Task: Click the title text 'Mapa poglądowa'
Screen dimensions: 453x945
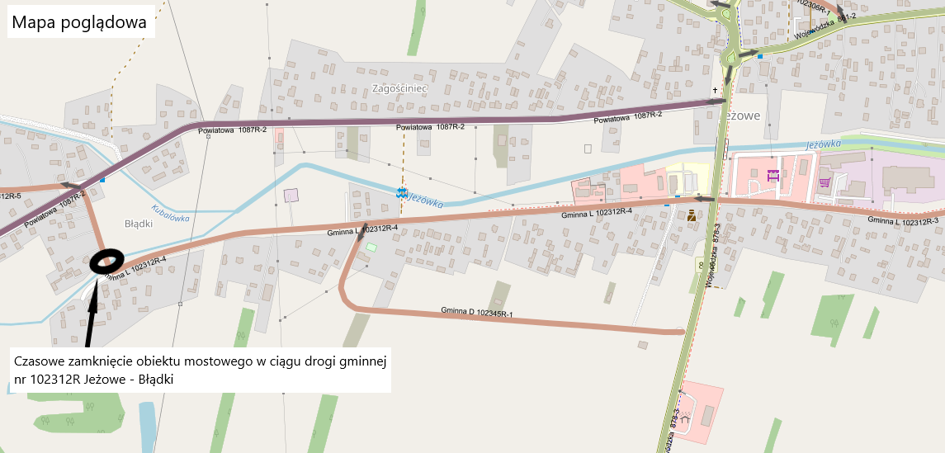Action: [80, 23]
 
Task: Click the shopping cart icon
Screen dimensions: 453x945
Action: [824, 181]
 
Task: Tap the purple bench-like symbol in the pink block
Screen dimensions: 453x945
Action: [773, 175]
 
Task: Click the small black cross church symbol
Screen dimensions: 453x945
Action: [716, 89]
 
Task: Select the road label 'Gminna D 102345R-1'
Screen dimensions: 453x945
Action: [477, 313]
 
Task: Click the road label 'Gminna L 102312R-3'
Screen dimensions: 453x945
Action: [904, 220]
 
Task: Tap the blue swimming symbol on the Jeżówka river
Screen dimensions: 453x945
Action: [402, 193]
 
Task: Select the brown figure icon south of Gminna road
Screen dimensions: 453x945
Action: [691, 215]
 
